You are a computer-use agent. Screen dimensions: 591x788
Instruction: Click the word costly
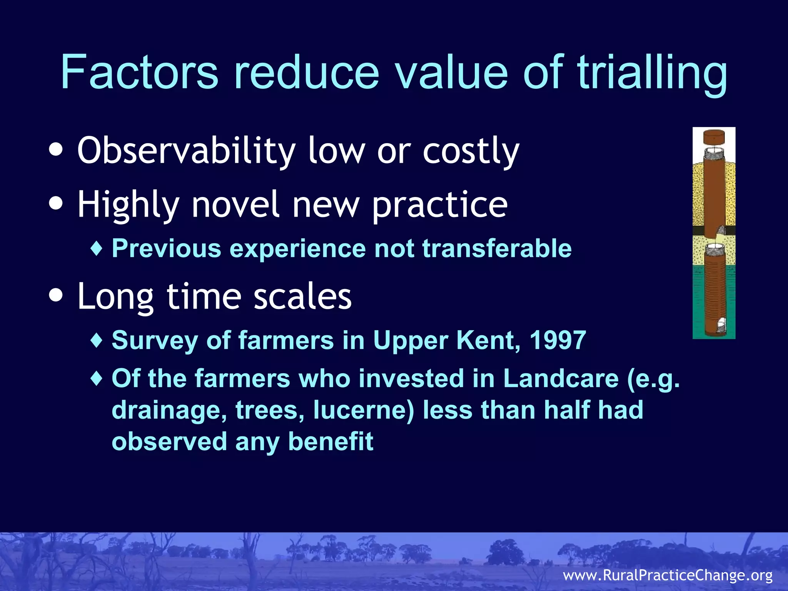[471, 151]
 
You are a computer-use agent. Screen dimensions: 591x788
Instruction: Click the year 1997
[558, 340]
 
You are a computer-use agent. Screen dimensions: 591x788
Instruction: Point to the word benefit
[331, 441]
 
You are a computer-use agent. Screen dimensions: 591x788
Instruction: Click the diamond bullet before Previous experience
[97, 249]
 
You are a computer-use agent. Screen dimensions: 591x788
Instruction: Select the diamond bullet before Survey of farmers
[97, 340]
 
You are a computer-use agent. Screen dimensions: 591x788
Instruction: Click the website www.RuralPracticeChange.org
[668, 575]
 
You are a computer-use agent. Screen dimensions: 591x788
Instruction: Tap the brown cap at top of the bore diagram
[714, 137]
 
